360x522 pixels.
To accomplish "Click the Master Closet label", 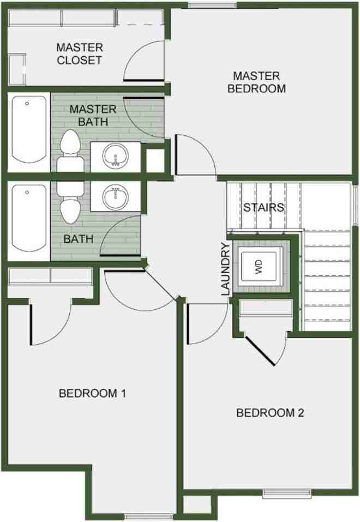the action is (80, 53).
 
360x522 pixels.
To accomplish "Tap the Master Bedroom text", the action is (256, 82).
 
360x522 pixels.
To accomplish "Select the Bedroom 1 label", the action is (92, 393).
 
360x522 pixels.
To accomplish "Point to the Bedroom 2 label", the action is (270, 413).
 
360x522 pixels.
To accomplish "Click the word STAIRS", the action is (264, 207).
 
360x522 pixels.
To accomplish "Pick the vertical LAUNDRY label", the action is (226, 269).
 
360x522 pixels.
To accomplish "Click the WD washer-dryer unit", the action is (259, 266).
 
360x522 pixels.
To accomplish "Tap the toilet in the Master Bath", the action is (70, 151).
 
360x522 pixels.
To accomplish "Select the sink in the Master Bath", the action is (115, 156).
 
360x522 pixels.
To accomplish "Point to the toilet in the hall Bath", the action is (70, 202).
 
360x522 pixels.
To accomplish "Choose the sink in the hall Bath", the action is (115, 197).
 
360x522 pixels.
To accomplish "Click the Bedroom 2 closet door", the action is (260, 350).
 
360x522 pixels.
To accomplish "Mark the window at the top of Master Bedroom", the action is (213, 5).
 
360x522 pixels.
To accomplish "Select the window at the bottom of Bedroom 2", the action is (287, 494).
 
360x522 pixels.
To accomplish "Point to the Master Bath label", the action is (93, 116).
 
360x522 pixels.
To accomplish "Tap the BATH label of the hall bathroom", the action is (78, 239).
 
